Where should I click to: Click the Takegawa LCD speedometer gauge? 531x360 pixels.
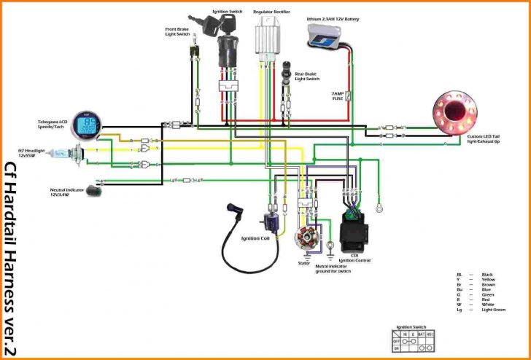point(88,125)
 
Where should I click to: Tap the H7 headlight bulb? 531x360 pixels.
point(77,154)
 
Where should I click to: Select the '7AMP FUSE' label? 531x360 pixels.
point(337,96)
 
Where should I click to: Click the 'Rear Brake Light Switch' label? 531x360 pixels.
point(307,76)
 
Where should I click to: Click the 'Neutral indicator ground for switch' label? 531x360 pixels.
point(333,268)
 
